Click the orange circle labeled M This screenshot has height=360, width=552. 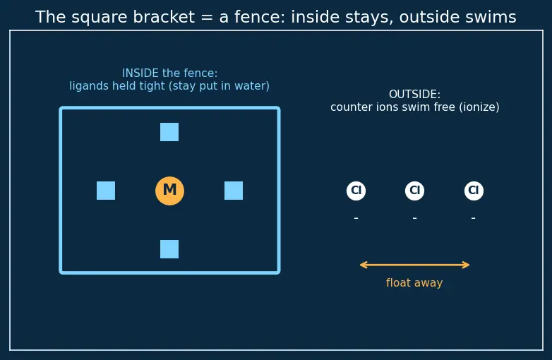169,191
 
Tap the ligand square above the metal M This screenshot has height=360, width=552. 169,132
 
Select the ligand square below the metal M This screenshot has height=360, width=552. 169,249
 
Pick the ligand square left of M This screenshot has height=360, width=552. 106,191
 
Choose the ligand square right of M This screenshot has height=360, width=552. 234,191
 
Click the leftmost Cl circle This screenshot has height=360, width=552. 356,191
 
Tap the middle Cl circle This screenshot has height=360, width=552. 414,191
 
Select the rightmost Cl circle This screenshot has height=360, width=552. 474,191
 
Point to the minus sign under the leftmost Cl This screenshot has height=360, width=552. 356,218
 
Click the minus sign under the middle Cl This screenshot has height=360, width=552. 414,218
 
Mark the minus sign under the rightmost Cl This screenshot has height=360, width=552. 474,218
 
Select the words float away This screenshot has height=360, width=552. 414,282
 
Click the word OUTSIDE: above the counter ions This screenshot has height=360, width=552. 414,95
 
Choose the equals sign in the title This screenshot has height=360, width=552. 207,17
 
